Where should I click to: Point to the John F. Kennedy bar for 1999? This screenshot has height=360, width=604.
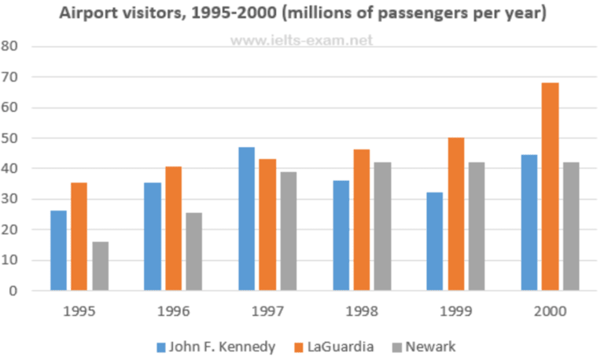pos(435,241)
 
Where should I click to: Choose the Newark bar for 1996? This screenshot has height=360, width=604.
pos(193,252)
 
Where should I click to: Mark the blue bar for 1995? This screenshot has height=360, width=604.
pos(59,250)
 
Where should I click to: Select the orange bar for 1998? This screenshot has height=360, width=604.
pos(361,220)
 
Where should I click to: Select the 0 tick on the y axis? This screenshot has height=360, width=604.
pos(13,291)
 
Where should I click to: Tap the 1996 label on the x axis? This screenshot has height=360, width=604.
pos(172,311)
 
